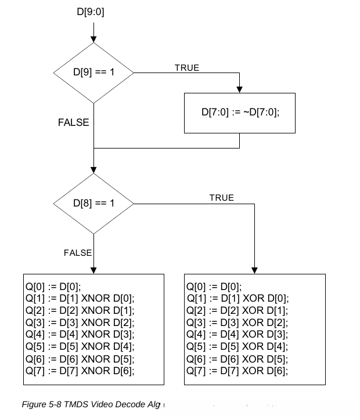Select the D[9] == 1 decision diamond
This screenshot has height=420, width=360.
(x=93, y=73)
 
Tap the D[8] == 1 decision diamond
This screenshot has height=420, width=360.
(x=93, y=204)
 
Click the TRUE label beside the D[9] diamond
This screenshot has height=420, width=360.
(x=186, y=68)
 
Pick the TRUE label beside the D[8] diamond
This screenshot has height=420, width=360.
(x=221, y=198)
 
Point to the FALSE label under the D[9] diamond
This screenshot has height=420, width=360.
(x=74, y=122)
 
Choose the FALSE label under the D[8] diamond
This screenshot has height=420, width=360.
(x=78, y=252)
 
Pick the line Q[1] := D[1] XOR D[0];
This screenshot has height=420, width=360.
(x=237, y=298)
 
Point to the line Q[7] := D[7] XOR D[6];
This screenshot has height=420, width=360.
(x=237, y=371)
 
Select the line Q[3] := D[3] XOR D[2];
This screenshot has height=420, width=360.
(x=237, y=323)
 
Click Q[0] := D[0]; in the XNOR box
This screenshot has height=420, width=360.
(x=52, y=286)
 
